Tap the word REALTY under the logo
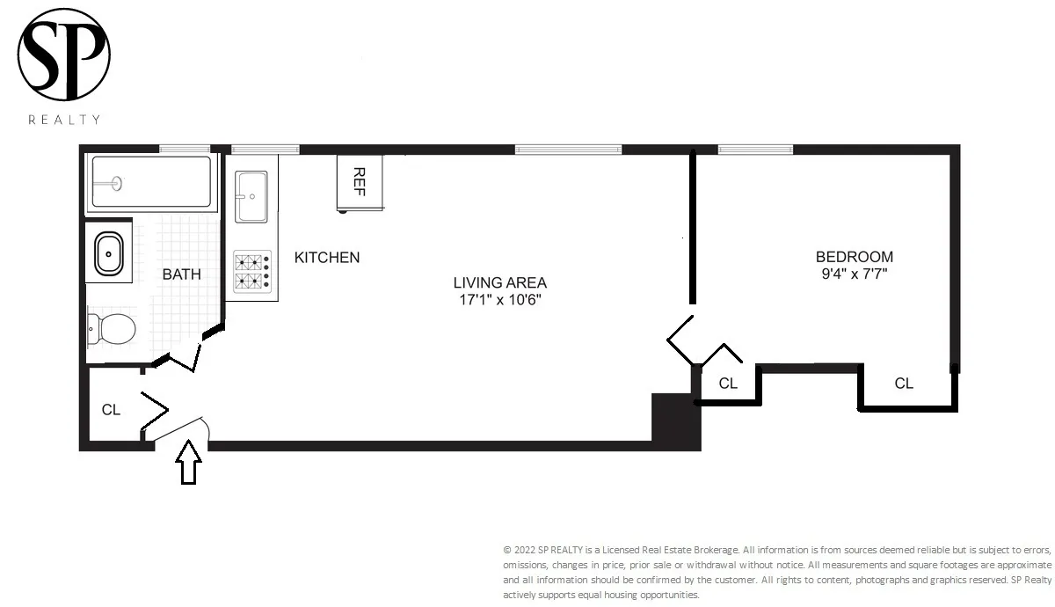click(64, 120)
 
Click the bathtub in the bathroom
click(152, 182)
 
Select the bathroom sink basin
click(109, 253)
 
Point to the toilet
click(113, 330)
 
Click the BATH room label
click(181, 274)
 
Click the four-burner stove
click(251, 272)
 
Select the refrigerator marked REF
click(360, 182)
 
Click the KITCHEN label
click(327, 258)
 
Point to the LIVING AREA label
click(499, 283)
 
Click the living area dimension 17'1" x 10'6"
click(499, 300)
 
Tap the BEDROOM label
click(854, 257)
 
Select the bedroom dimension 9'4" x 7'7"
click(854, 274)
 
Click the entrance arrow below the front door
click(187, 464)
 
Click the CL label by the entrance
click(111, 410)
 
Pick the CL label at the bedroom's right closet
click(904, 384)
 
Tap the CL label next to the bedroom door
click(728, 384)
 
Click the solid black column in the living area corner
click(674, 421)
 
